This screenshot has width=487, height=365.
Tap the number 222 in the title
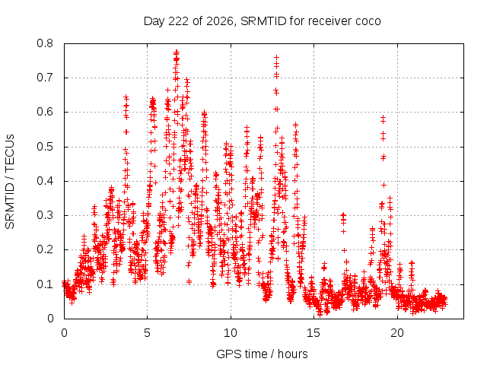[x=178, y=21]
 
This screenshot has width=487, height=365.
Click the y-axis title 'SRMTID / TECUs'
[x=10, y=182]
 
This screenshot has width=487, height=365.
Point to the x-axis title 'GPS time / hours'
[x=262, y=354]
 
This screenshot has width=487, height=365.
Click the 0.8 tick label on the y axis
[x=45, y=43]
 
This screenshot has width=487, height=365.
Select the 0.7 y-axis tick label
[x=45, y=78]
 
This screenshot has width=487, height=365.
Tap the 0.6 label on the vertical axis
[x=45, y=112]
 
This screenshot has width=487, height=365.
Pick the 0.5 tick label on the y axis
[x=45, y=147]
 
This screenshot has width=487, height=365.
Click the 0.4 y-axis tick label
[x=45, y=181]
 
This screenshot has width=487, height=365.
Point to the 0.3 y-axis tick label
[x=45, y=215]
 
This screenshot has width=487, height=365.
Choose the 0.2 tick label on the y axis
[x=45, y=250]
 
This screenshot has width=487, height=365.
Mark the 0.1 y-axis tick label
[x=45, y=284]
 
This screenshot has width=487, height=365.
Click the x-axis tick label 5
[x=147, y=333]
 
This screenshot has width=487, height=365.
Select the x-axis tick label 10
[x=231, y=333]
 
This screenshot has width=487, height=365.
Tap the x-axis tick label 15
[x=314, y=333]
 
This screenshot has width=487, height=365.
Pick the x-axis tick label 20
[x=397, y=333]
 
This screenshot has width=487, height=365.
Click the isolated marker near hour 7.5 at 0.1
[x=189, y=282]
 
